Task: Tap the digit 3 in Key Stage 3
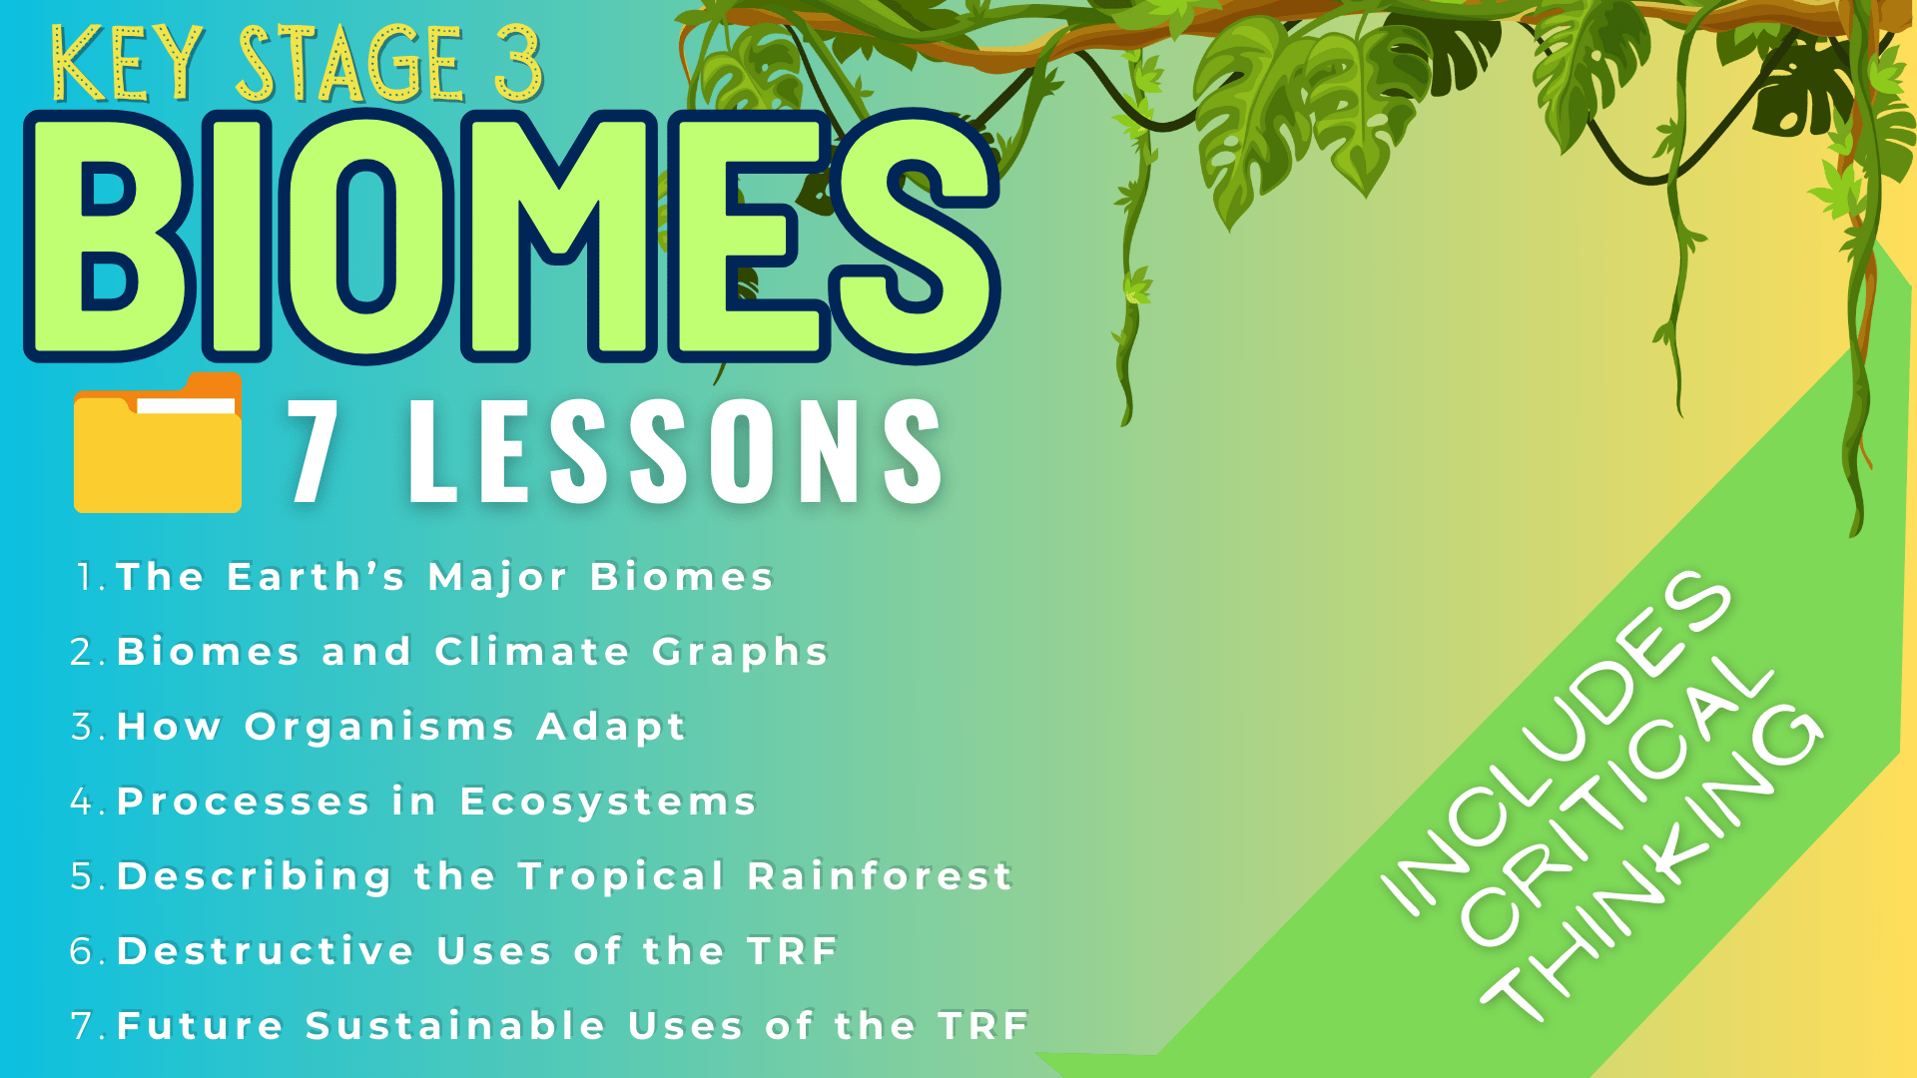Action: click(516, 63)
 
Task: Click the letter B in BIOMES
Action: click(110, 238)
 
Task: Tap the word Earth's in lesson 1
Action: click(317, 577)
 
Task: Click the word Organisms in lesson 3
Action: click(379, 727)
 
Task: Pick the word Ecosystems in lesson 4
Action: click(608, 802)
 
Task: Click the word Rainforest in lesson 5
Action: click(881, 876)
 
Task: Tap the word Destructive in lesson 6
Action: click(266, 951)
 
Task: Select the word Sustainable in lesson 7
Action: click(455, 1026)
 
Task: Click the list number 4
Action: click(82, 802)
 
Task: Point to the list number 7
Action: click(82, 1026)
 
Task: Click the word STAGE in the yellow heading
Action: click(350, 65)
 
